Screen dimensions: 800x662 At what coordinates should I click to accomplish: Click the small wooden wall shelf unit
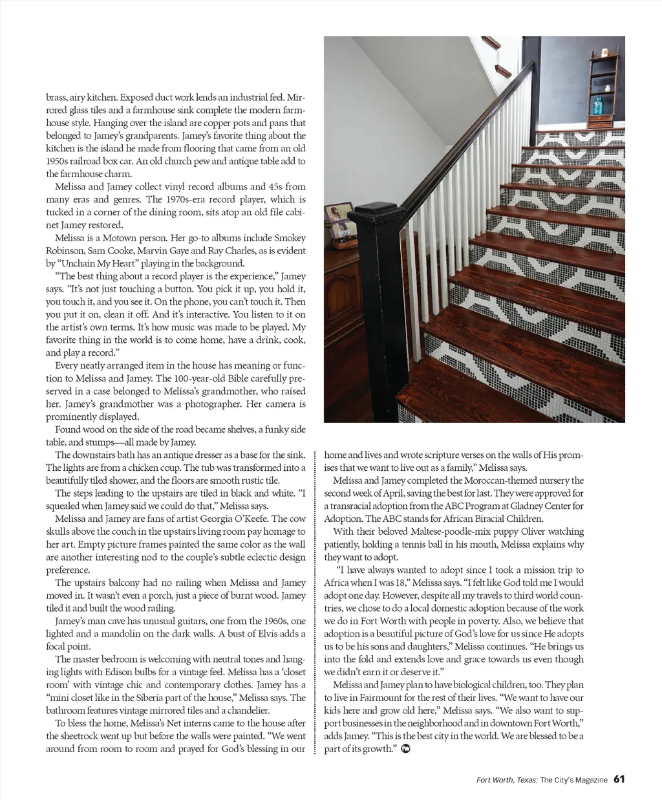pyautogui.click(x=604, y=90)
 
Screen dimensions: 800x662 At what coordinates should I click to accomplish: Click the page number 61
pyautogui.click(x=619, y=779)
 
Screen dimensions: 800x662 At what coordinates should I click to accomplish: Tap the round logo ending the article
pyautogui.click(x=406, y=749)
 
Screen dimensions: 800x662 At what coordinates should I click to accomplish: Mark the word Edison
pyautogui.click(x=118, y=672)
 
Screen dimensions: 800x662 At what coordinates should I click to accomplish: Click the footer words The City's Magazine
pyautogui.click(x=573, y=780)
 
